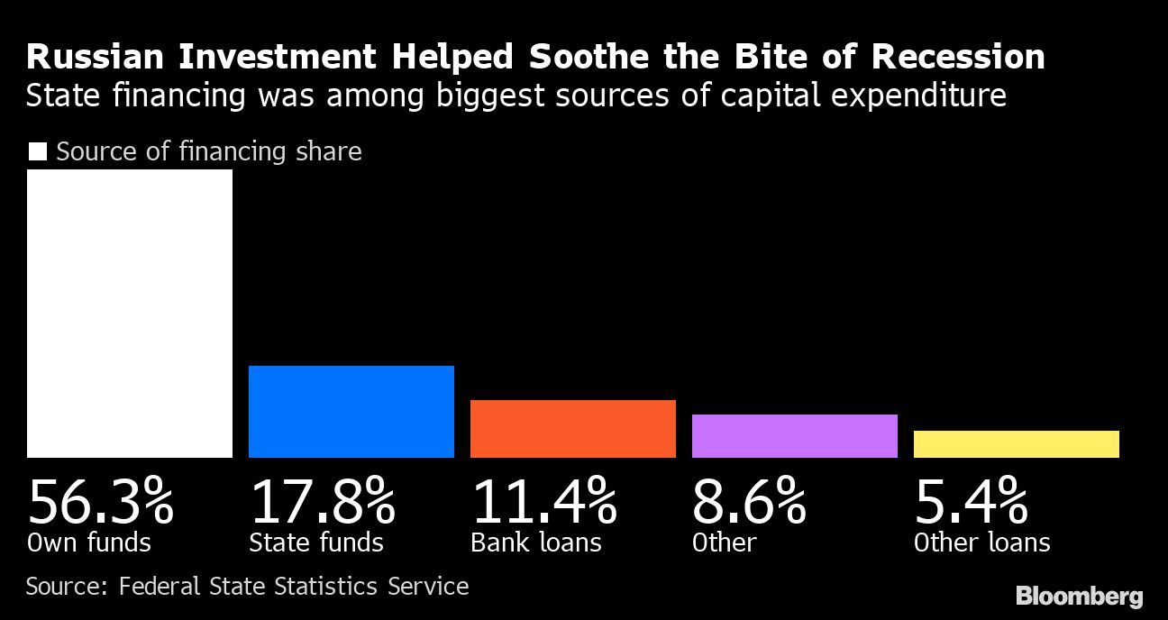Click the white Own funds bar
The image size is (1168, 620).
click(130, 314)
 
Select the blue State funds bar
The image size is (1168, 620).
click(351, 412)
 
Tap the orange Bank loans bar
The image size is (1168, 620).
click(573, 429)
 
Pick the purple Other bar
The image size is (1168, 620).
click(795, 436)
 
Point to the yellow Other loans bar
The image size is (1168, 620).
click(1017, 444)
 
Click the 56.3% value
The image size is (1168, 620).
click(100, 502)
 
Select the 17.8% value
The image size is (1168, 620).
click(322, 502)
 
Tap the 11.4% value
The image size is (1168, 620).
click(543, 502)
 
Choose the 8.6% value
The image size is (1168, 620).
click(749, 502)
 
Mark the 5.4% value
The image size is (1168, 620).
click(971, 502)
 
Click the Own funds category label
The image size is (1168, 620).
click(89, 542)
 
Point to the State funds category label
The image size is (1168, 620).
click(316, 542)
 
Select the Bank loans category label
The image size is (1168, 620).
click(536, 542)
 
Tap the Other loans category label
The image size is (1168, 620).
click(982, 542)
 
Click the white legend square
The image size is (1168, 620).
click(37, 151)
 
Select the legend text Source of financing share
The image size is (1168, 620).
click(209, 151)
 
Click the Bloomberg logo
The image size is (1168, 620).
click(1079, 596)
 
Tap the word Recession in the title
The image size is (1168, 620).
click(958, 57)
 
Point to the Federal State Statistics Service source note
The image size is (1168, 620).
click(294, 587)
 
